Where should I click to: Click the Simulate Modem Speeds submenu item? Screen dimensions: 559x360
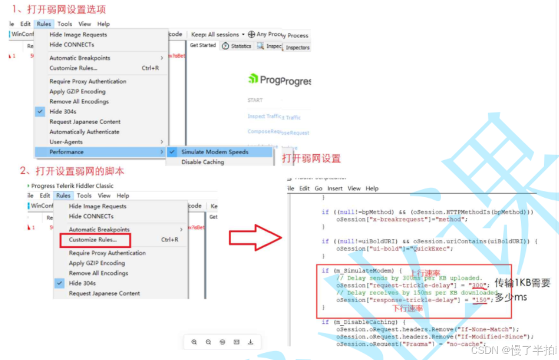tap(215, 152)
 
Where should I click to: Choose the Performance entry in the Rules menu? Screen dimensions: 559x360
tap(67, 152)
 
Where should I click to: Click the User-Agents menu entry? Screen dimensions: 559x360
tap(66, 142)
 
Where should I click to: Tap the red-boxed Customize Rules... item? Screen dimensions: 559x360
tap(93, 240)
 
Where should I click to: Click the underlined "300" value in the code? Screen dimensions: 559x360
tap(479, 286)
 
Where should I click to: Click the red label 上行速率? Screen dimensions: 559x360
tap(425, 272)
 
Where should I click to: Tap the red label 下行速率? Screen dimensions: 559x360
tap(408, 309)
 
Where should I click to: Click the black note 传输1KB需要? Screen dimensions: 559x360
tap(522, 283)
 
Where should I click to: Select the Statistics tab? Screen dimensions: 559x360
tap(237, 46)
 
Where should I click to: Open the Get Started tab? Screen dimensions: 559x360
tap(203, 46)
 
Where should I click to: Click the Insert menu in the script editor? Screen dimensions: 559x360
tap(335, 188)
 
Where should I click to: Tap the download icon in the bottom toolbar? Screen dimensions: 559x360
tap(250, 342)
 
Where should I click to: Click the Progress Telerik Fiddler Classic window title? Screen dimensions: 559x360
tap(72, 186)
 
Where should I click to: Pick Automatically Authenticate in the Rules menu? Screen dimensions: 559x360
tap(84, 132)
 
